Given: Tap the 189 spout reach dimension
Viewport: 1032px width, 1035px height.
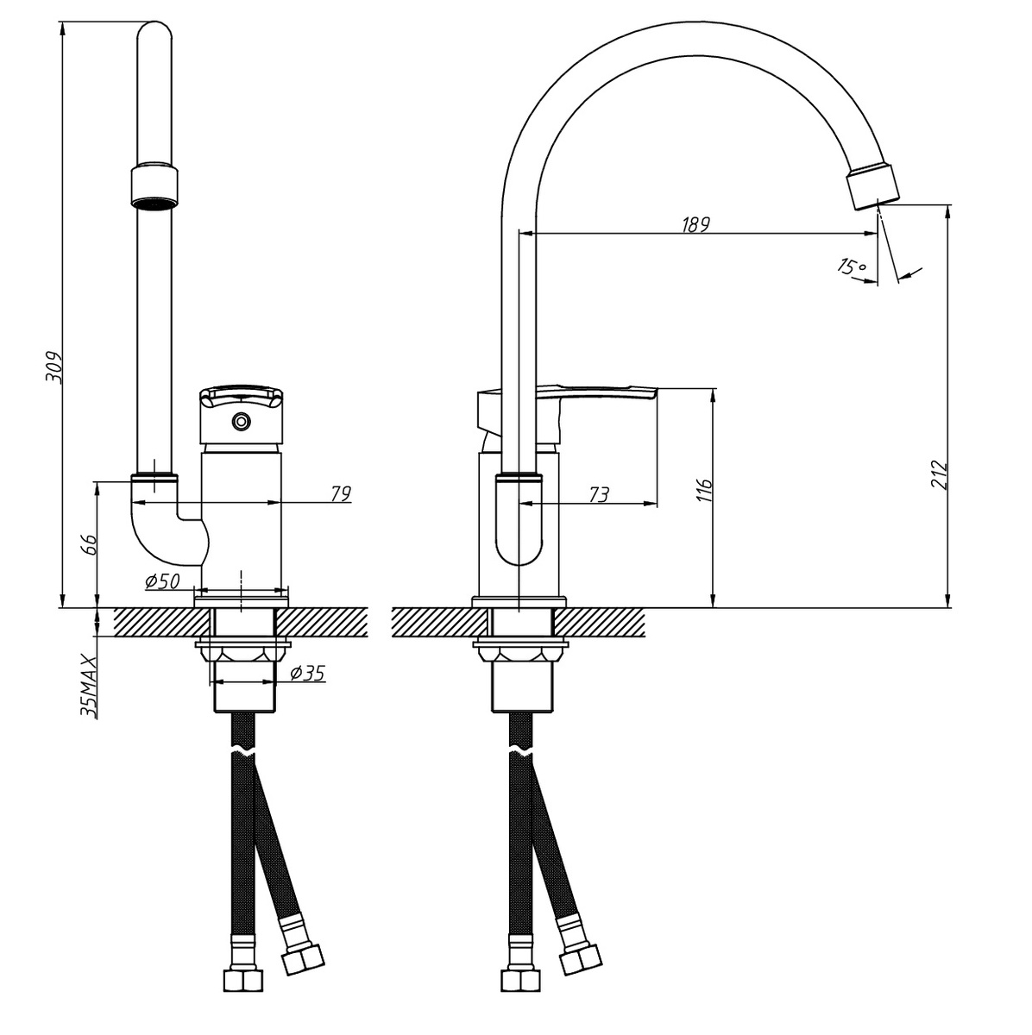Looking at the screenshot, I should (x=695, y=224).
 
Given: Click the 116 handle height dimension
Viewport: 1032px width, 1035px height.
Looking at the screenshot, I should (x=704, y=490).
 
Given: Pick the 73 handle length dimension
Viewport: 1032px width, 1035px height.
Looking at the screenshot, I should (x=597, y=494).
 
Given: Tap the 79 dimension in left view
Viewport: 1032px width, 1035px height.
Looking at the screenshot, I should (x=341, y=493).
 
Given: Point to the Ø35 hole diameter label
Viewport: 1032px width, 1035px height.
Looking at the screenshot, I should (x=307, y=674).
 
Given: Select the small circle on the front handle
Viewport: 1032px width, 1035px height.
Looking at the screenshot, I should (x=241, y=422).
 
